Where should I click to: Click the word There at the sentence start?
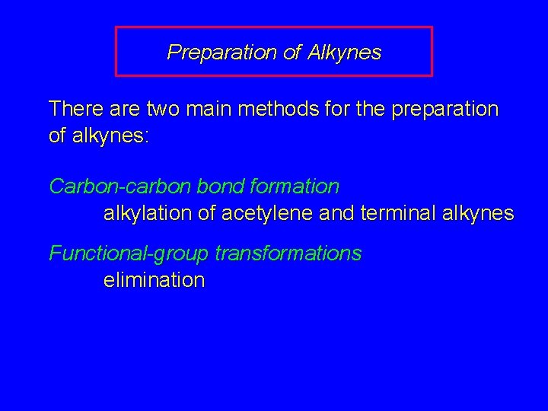[x=72, y=109]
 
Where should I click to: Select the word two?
[x=163, y=109]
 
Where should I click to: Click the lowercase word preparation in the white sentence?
[x=445, y=110]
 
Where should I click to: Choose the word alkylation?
[x=148, y=214]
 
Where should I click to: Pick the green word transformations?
[x=288, y=253]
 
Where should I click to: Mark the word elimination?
[x=154, y=280]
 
